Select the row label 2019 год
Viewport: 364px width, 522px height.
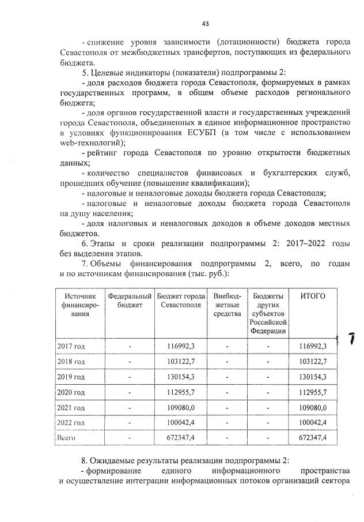[71, 377]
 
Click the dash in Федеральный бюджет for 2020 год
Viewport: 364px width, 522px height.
[130, 392]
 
